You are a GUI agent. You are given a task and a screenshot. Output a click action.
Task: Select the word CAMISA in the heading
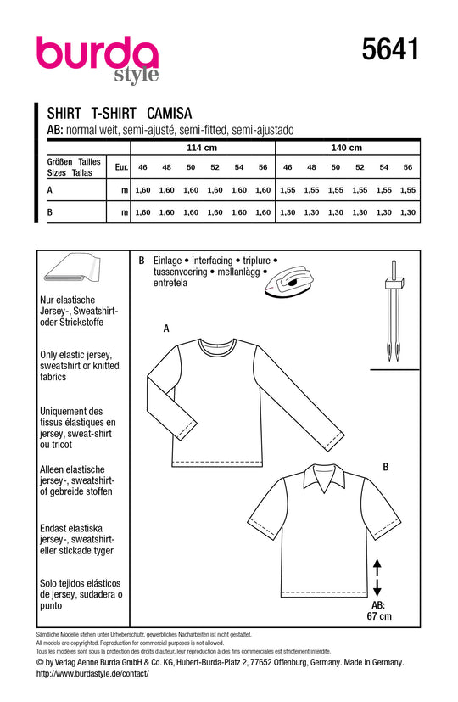[170, 111]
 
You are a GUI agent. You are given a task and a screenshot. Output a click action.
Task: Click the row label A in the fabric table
[50, 190]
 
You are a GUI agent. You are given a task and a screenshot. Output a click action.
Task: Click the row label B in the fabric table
[50, 211]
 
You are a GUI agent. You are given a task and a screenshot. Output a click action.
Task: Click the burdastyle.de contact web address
[93, 673]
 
